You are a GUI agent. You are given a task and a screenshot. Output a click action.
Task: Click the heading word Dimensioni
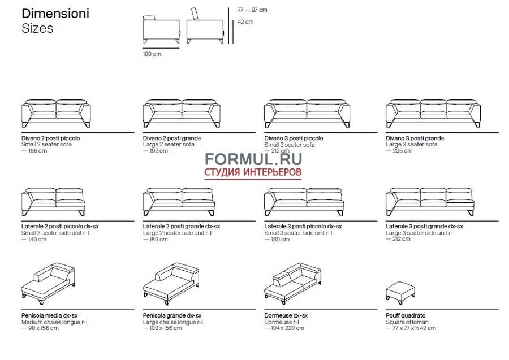(55, 14)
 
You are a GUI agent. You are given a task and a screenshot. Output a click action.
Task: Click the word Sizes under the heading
(37, 28)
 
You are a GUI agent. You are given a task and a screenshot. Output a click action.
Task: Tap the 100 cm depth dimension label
(152, 54)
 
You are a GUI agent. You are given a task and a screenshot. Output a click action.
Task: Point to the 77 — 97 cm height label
(252, 10)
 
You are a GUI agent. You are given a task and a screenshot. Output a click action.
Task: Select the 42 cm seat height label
(245, 22)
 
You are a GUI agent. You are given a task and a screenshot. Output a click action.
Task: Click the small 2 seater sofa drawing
(56, 114)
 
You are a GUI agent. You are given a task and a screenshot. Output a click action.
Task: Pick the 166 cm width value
(34, 151)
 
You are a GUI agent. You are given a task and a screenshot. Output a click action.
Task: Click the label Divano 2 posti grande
(172, 138)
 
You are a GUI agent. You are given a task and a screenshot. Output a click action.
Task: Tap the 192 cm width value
(156, 151)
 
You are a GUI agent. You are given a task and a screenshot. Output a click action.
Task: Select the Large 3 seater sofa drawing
(433, 114)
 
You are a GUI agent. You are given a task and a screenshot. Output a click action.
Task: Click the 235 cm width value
(399, 151)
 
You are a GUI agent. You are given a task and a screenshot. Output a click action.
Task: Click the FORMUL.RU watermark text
(253, 159)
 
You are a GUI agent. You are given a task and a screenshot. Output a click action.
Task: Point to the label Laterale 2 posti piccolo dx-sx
(60, 227)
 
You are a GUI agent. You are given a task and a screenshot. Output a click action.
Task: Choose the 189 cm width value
(277, 240)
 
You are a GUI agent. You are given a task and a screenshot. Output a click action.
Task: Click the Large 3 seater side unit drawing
(430, 202)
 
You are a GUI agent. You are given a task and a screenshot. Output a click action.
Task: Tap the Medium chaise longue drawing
(49, 284)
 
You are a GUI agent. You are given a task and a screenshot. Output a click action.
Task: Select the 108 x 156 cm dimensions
(162, 328)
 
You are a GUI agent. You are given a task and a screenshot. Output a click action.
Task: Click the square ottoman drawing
(400, 293)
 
